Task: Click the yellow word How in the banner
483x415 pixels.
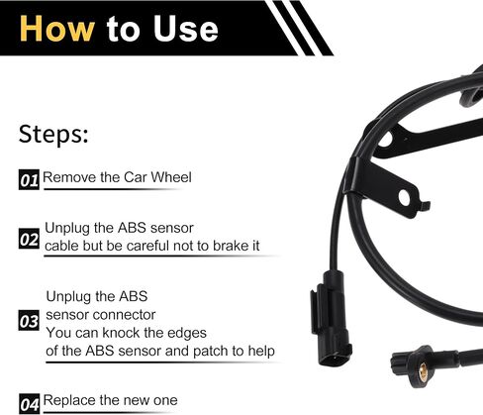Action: coord(57,29)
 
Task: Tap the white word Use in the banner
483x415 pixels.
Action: coord(185,29)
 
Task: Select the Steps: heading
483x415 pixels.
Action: coord(53,134)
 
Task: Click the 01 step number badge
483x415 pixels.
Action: coord(29,179)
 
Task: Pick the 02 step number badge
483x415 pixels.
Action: coord(29,239)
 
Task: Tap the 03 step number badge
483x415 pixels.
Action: coord(29,320)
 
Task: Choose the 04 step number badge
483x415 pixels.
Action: coord(29,403)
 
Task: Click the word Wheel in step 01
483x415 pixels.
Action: coord(171,177)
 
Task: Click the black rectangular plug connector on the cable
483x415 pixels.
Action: coord(332,319)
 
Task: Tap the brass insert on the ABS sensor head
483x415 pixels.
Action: coord(423,371)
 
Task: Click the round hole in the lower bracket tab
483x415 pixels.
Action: coord(404,197)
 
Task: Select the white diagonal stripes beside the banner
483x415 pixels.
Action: coord(299,28)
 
